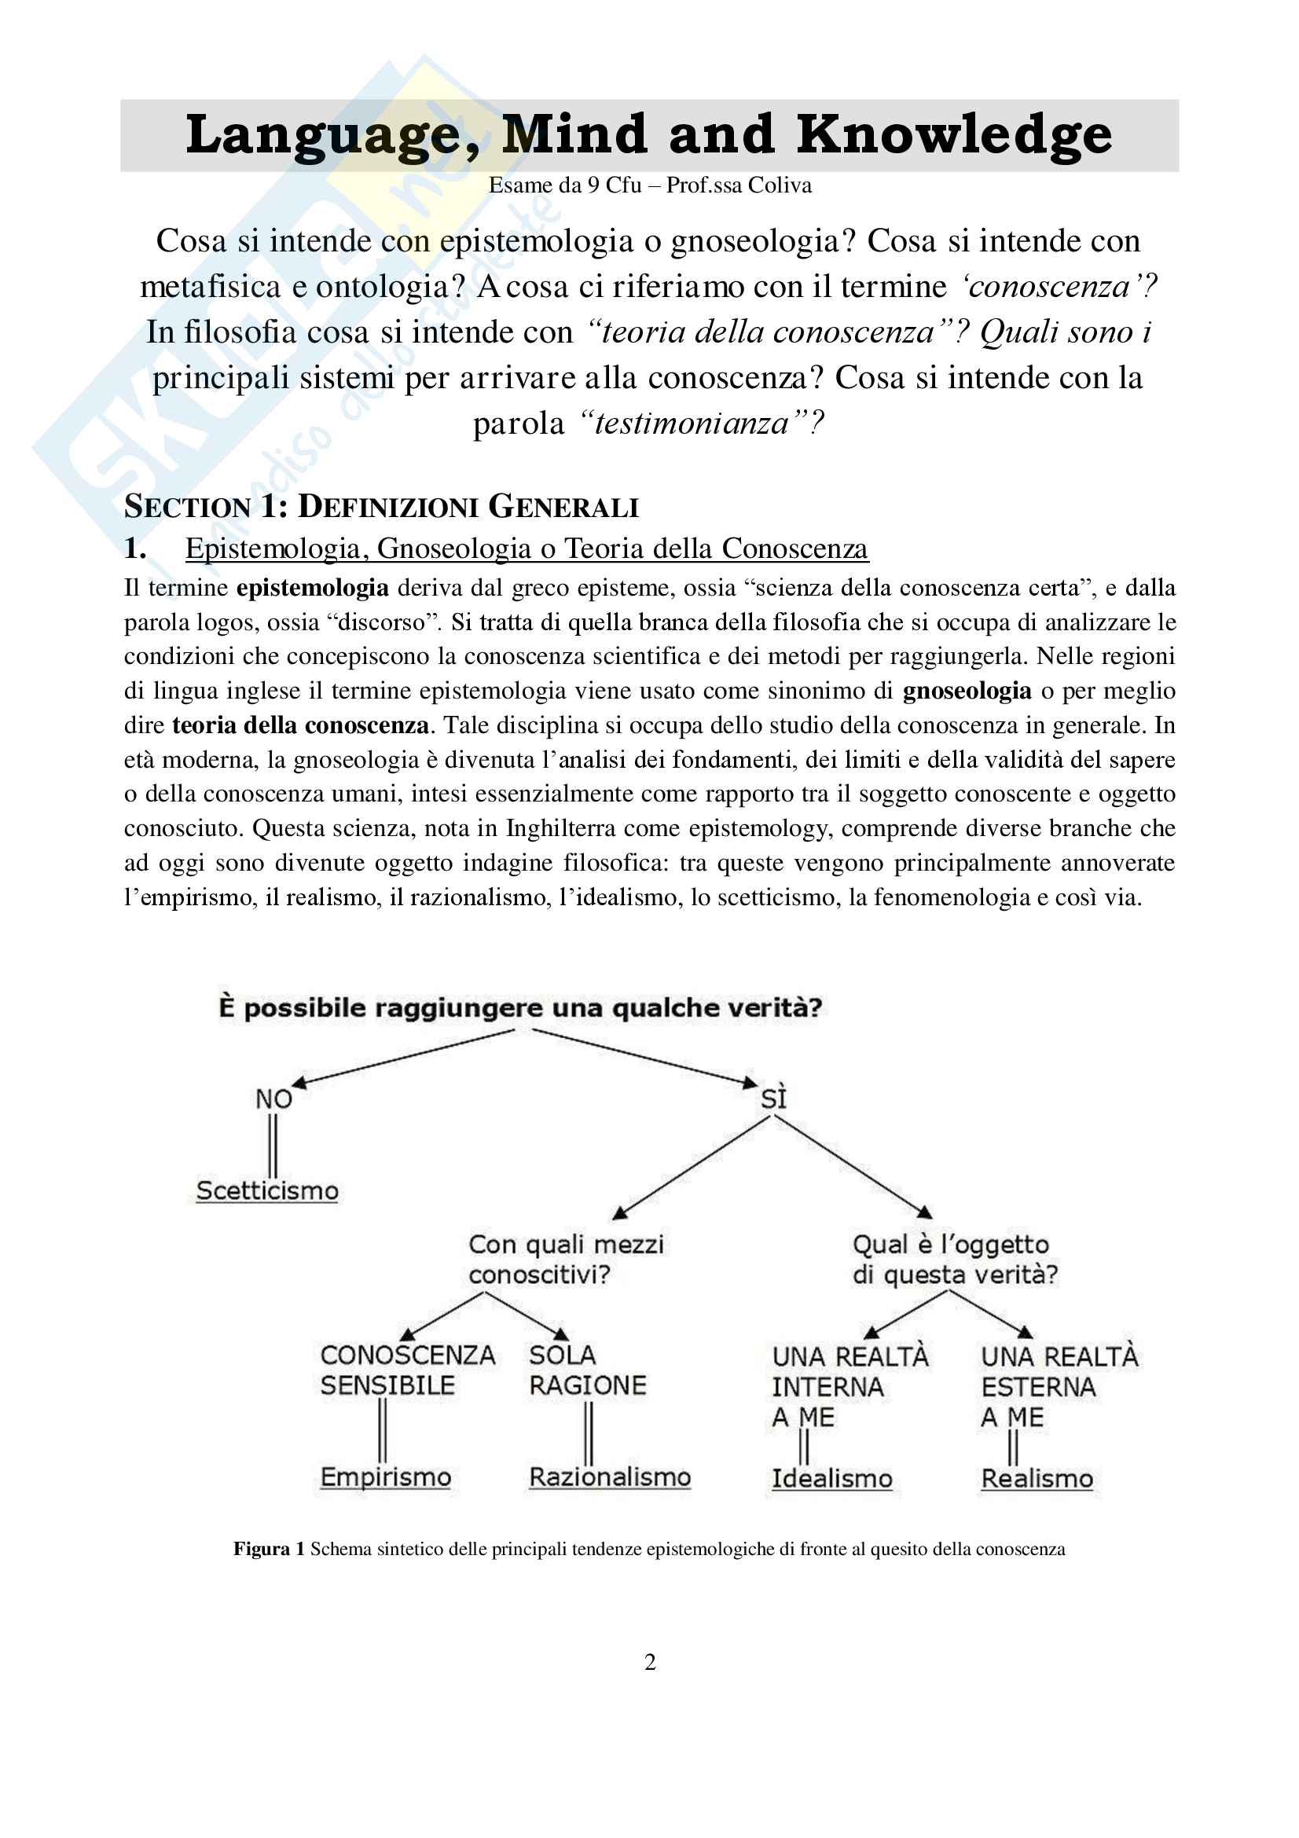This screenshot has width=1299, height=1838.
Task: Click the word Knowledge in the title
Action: point(954,134)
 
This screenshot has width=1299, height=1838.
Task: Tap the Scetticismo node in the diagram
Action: point(267,1190)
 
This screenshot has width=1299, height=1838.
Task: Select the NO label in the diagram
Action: point(273,1100)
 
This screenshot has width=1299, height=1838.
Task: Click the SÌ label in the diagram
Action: point(773,1099)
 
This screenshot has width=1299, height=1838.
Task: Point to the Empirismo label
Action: point(386,1477)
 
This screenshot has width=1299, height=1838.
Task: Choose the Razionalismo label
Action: point(610,1477)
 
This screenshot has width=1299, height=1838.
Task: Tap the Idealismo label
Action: point(831,1479)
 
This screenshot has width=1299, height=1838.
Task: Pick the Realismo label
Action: point(1037,1479)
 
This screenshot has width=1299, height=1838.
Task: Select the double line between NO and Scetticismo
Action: point(272,1145)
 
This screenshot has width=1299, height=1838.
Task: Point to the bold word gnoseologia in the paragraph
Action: point(967,691)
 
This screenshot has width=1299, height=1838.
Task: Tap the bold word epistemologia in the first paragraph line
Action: point(313,589)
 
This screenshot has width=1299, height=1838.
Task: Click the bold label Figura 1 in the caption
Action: point(269,1549)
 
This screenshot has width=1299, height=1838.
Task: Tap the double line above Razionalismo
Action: point(589,1433)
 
